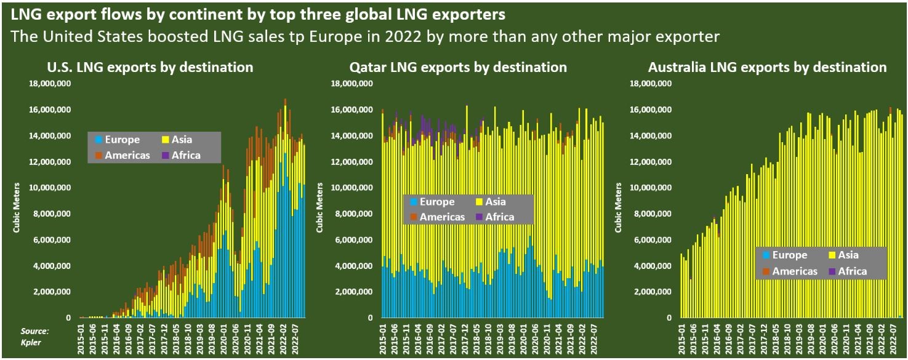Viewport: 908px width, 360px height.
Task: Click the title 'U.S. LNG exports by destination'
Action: coord(150,68)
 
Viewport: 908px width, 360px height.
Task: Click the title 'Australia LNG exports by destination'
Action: coord(768,68)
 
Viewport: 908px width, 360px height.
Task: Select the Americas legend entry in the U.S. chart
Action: coord(122,155)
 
